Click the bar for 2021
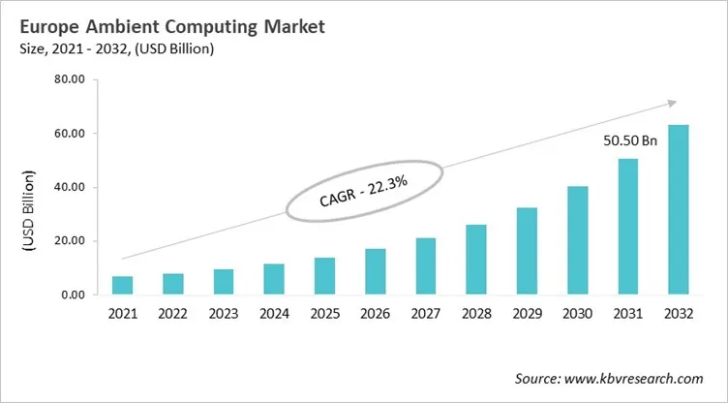coord(122,285)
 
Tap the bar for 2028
coord(476,260)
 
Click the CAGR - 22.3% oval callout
coord(363,192)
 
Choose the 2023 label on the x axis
coord(223,315)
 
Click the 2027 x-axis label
coord(426,315)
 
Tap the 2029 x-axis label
coord(527,315)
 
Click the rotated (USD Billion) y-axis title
coord(29,212)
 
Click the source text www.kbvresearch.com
coord(608,378)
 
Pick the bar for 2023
coord(223,282)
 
